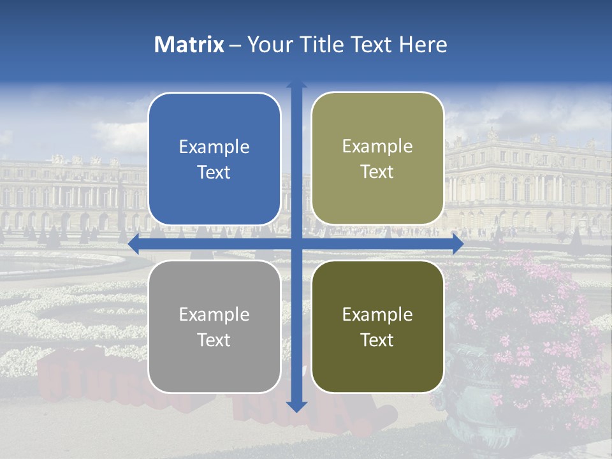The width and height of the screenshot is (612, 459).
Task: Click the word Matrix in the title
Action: (x=189, y=45)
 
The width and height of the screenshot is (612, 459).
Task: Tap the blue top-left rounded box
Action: (x=214, y=159)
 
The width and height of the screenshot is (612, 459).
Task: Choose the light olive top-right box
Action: (x=377, y=159)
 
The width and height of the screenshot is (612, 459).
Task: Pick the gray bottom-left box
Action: (x=214, y=326)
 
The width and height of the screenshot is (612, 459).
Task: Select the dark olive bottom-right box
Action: (x=377, y=326)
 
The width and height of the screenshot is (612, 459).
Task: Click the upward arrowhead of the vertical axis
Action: (x=296, y=86)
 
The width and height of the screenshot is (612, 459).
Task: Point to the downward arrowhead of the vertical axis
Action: (x=296, y=406)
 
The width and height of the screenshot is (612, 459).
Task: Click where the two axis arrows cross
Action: (x=296, y=244)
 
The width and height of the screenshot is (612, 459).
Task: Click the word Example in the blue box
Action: (x=214, y=147)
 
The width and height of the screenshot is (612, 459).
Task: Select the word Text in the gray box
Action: (x=214, y=340)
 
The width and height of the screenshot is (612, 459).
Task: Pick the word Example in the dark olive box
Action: (x=377, y=314)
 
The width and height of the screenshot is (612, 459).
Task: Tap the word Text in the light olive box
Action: (x=377, y=172)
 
